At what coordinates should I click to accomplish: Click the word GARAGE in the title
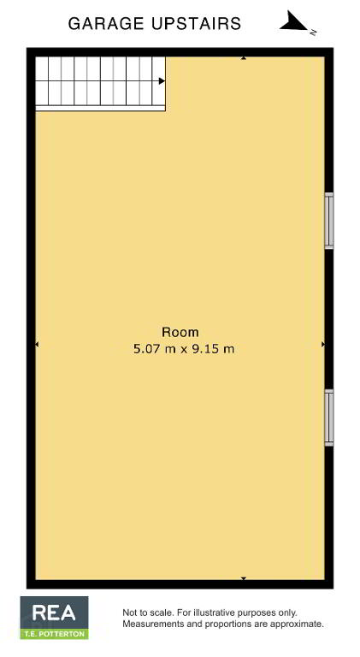(x=107, y=23)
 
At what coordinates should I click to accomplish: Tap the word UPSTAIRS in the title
(x=197, y=23)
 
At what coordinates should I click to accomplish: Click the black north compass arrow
(x=294, y=21)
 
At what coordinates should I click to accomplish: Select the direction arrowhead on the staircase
(x=162, y=81)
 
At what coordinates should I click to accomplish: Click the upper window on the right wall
(x=329, y=221)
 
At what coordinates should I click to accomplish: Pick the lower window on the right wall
(x=329, y=417)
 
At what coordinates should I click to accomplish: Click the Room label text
(x=180, y=332)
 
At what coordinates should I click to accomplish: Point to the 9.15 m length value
(x=213, y=349)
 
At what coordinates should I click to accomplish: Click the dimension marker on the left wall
(x=37, y=345)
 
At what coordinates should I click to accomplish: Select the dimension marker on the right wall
(x=323, y=345)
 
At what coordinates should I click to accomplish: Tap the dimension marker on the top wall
(x=243, y=58)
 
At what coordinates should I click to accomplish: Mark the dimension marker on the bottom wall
(x=243, y=578)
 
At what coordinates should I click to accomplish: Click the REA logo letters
(x=54, y=613)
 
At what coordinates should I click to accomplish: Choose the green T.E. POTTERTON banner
(x=55, y=634)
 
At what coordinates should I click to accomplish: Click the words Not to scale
(x=148, y=613)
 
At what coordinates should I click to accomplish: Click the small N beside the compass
(x=313, y=33)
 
